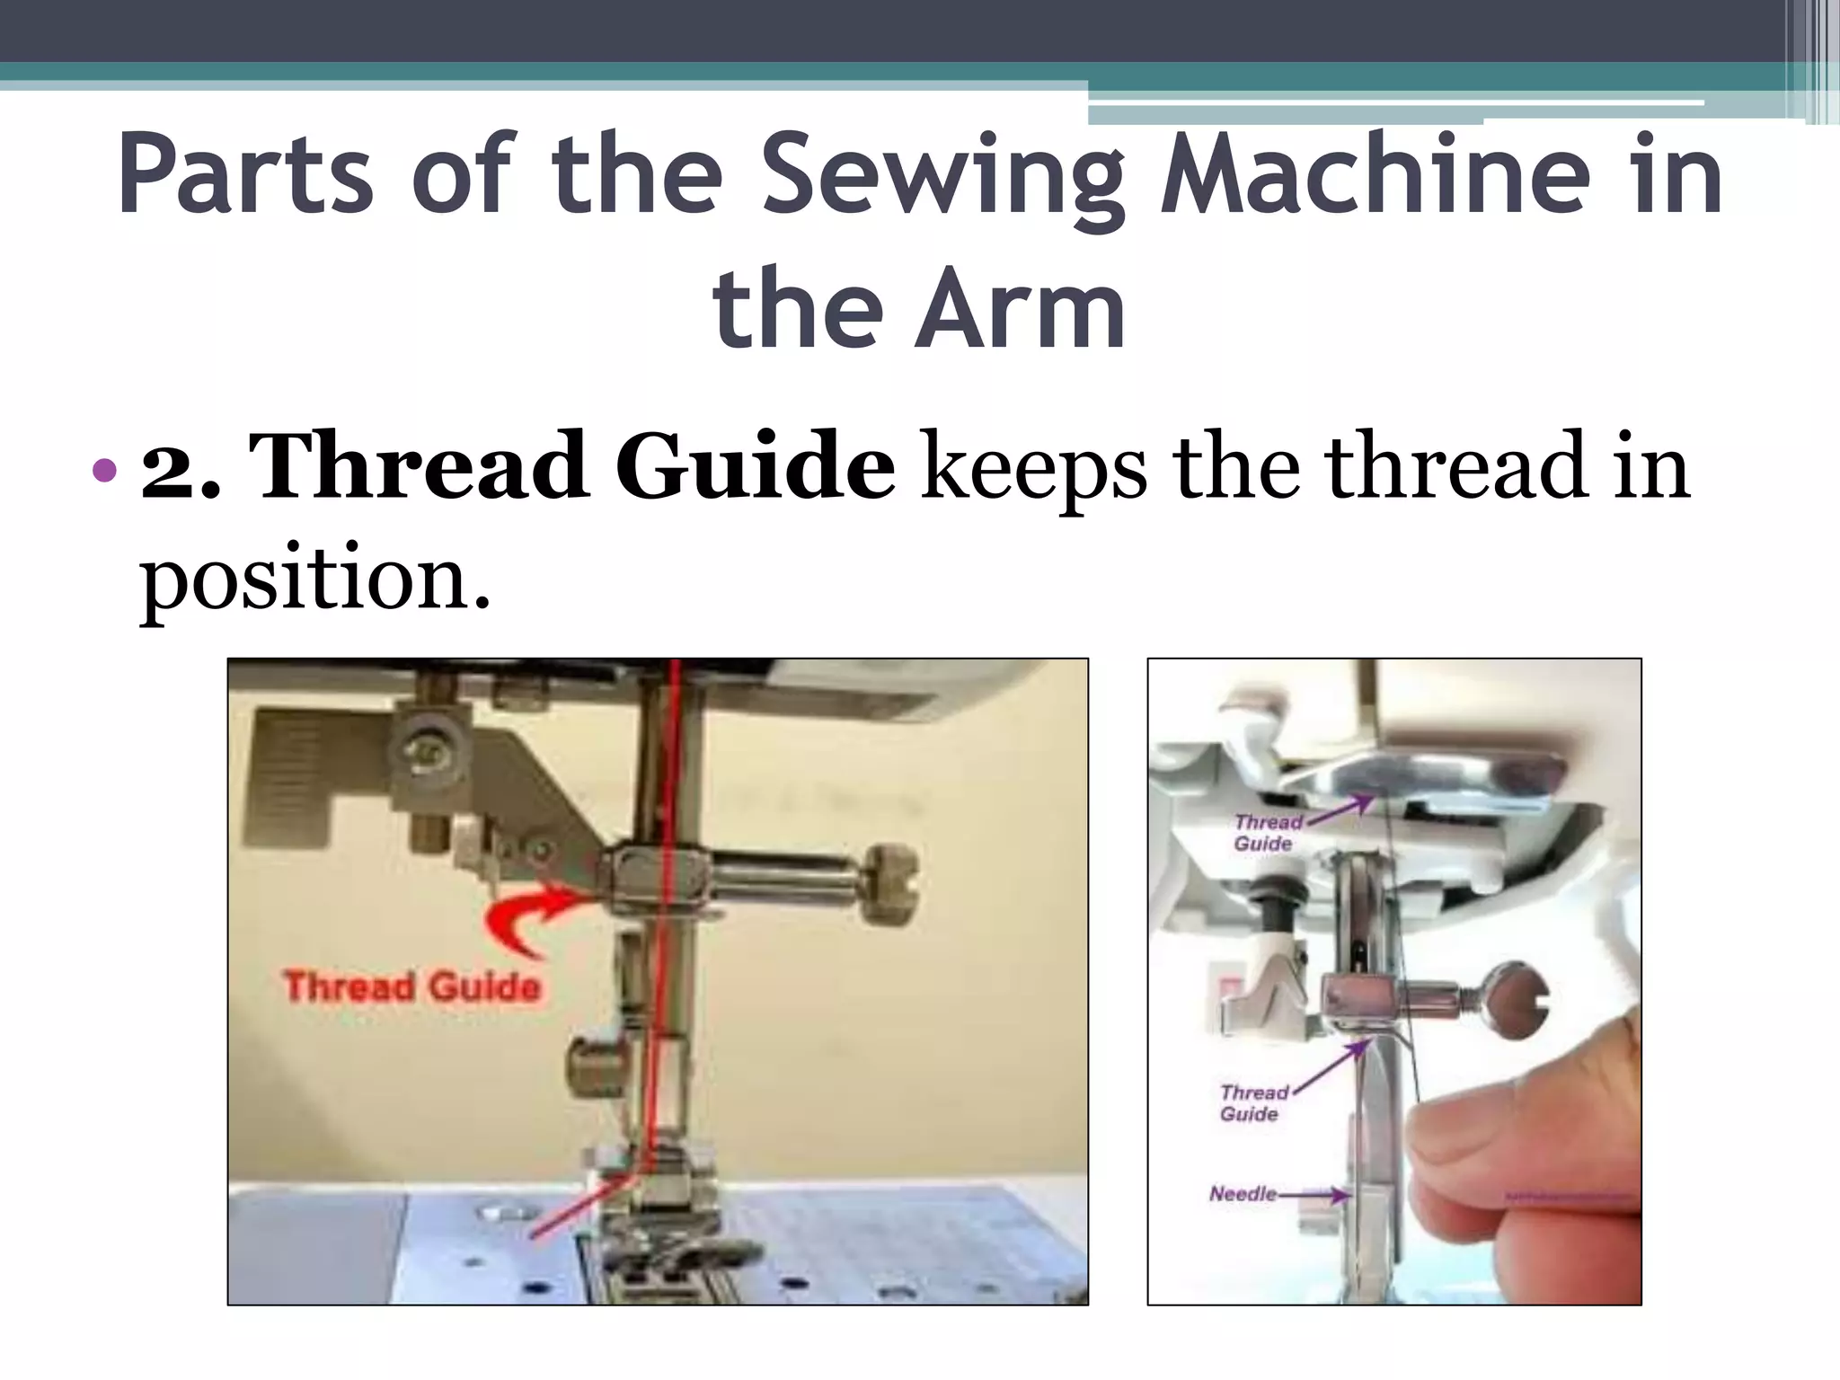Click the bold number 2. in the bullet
(180, 467)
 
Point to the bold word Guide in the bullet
(755, 467)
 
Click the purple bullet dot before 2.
(104, 469)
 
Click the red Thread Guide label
(411, 986)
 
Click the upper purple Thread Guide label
(1267, 833)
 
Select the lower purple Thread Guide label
(1252, 1103)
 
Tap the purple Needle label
(1243, 1194)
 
